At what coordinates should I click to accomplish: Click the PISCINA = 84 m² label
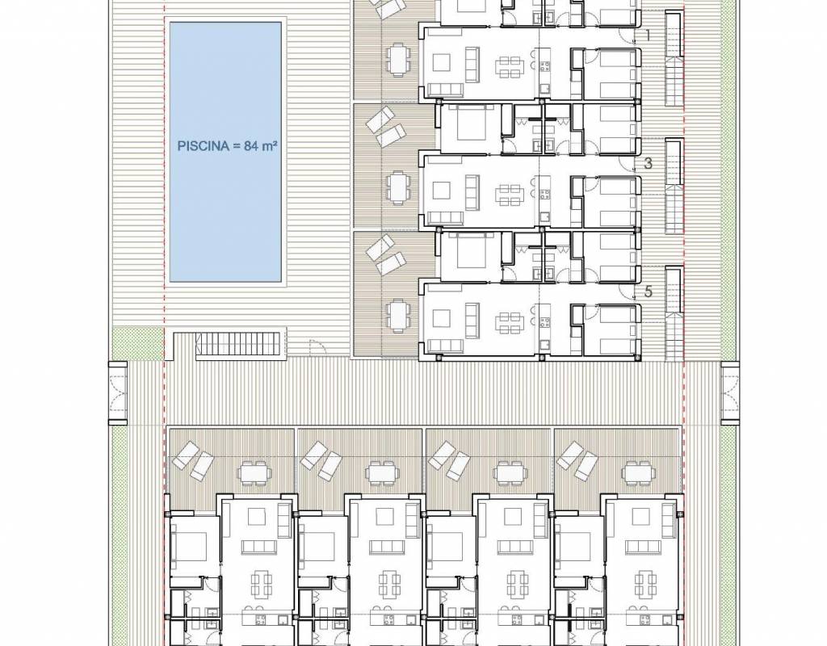click(227, 146)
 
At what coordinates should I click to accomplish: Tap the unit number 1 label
click(648, 36)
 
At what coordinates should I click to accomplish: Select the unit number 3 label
click(649, 163)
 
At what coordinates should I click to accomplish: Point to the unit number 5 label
click(649, 291)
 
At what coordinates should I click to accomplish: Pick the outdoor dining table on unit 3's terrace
click(397, 187)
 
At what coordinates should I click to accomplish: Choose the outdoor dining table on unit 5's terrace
click(397, 314)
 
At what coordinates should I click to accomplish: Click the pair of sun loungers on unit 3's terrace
click(385, 127)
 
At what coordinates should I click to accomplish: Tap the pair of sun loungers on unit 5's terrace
click(385, 254)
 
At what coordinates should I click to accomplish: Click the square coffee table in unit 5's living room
click(441, 318)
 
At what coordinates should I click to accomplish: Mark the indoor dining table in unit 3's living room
click(510, 194)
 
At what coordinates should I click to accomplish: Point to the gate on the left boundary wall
click(118, 393)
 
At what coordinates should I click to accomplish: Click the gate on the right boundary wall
click(730, 393)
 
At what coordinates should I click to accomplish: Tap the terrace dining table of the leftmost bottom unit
click(255, 473)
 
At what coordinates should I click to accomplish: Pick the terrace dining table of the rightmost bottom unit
click(640, 473)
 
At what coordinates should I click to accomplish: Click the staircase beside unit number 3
click(674, 187)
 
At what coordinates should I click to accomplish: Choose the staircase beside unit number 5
click(674, 314)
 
